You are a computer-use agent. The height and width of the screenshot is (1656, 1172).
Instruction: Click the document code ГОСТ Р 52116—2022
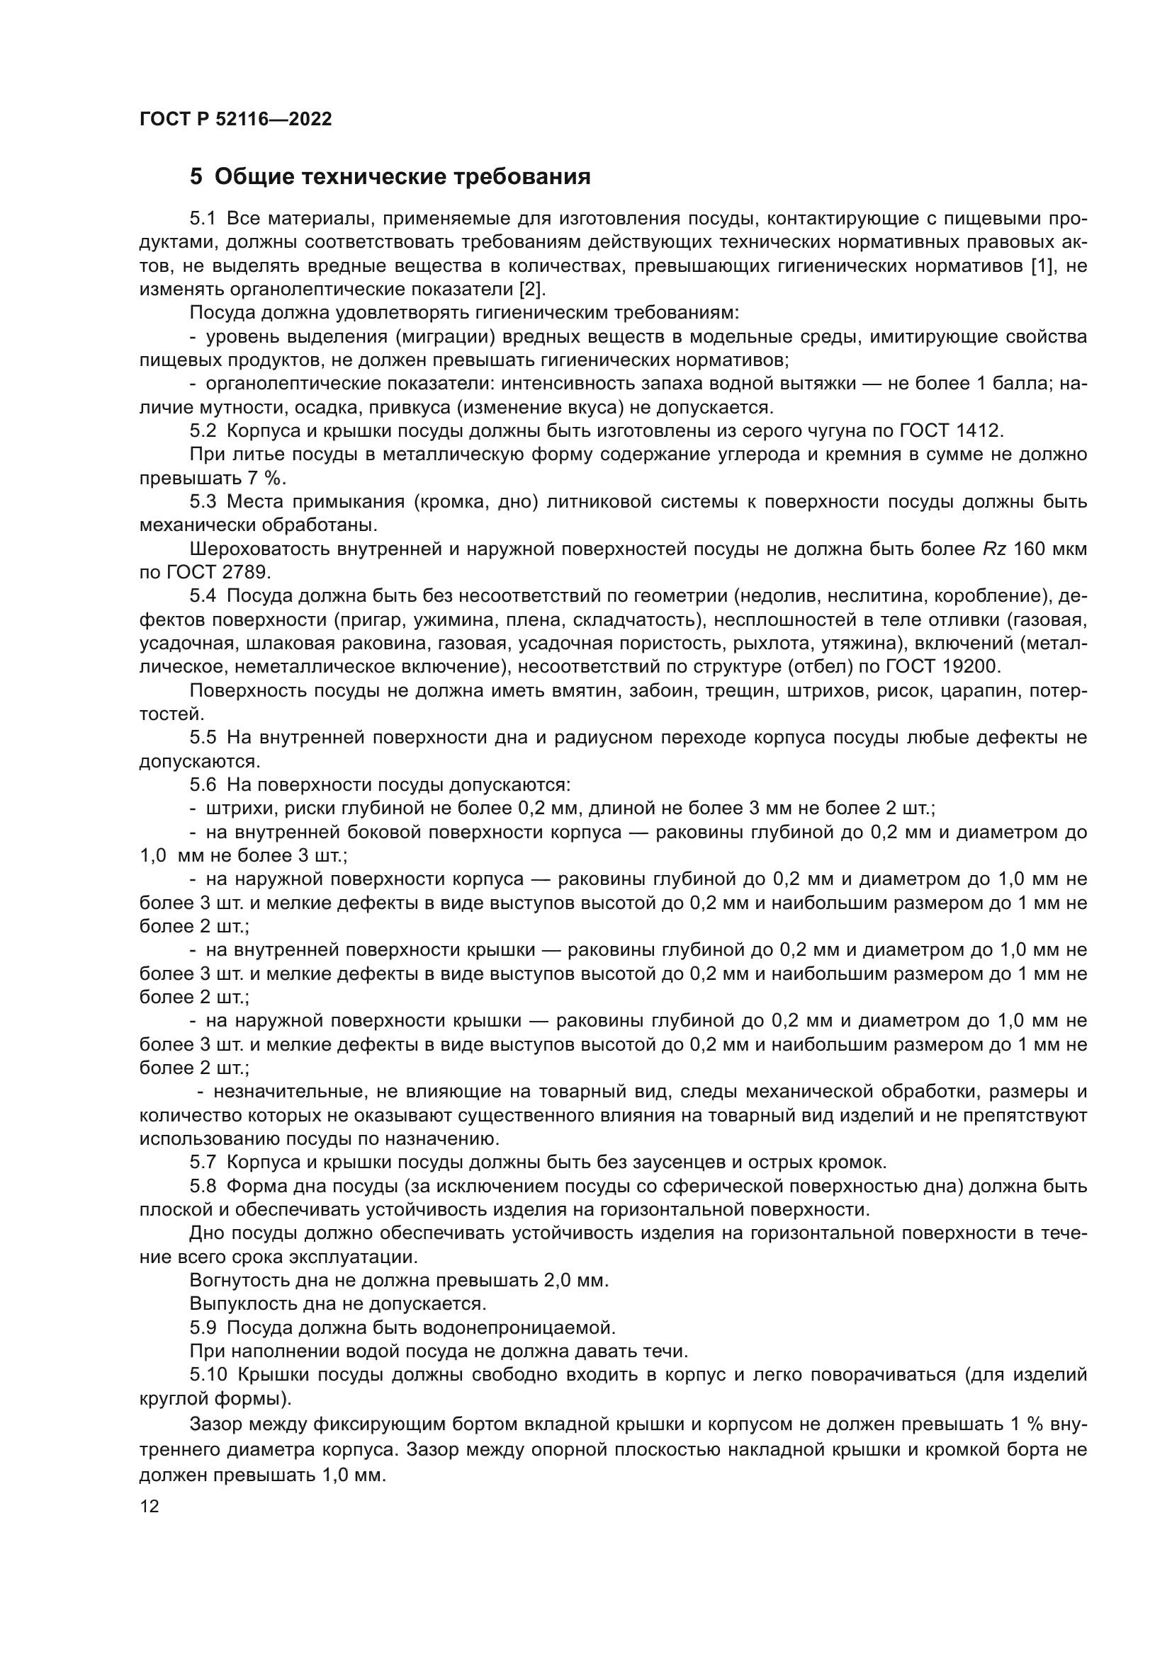point(235,119)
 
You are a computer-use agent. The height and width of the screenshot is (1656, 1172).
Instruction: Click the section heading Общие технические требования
point(402,177)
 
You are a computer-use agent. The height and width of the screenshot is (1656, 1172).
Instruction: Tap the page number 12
point(150,1507)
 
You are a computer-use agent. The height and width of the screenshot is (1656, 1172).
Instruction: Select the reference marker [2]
point(533,290)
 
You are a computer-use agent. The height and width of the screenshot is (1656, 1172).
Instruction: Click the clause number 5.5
point(203,738)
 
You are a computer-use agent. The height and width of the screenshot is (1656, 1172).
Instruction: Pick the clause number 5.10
point(207,1375)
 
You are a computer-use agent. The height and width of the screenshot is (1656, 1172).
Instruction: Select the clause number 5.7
point(203,1163)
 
